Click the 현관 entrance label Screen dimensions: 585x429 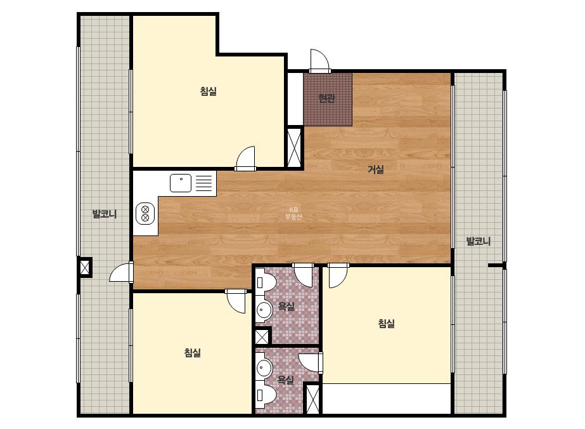[x=326, y=98]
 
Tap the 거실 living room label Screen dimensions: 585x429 [x=376, y=169]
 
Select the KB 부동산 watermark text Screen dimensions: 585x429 [x=293, y=213]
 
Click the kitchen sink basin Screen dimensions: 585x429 [x=181, y=183]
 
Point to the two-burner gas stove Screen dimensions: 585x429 [x=146, y=213]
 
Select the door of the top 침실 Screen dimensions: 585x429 [x=245, y=159]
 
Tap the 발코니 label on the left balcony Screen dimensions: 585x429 [x=105, y=214]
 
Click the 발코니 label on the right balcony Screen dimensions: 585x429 [x=479, y=241]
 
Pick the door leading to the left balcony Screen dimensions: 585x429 [x=122, y=272]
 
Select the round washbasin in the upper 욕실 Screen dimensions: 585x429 [x=264, y=310]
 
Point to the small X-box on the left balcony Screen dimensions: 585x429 [x=85, y=267]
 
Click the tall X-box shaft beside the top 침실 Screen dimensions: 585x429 [x=295, y=148]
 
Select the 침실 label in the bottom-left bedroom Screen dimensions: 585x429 [x=193, y=352]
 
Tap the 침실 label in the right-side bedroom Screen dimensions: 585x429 [x=386, y=323]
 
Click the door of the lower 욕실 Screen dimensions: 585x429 [x=311, y=362]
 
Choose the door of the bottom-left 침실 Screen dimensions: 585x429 [x=236, y=301]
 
